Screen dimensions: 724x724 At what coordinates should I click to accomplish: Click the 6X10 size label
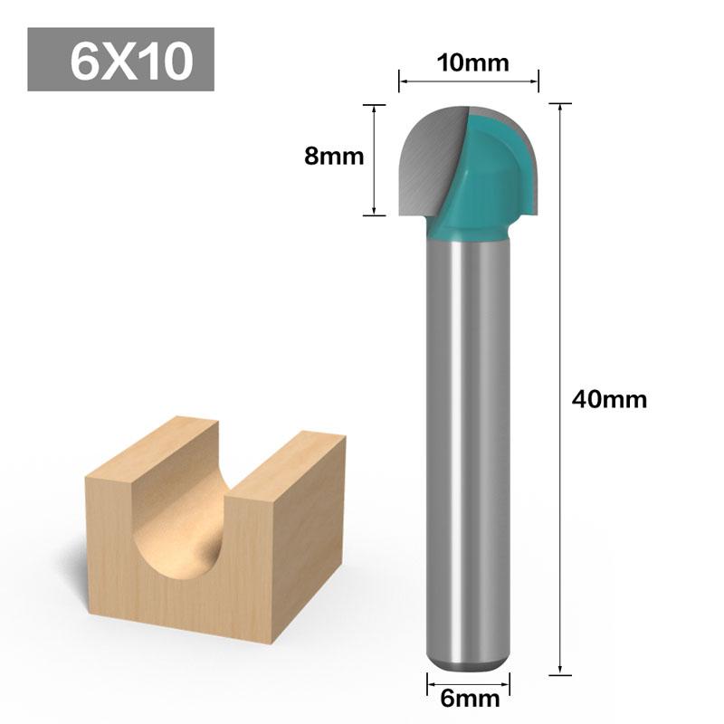pos(120,60)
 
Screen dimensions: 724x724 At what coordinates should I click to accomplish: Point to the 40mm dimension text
pos(609,398)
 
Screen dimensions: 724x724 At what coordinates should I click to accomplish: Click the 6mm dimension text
pos(469,699)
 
